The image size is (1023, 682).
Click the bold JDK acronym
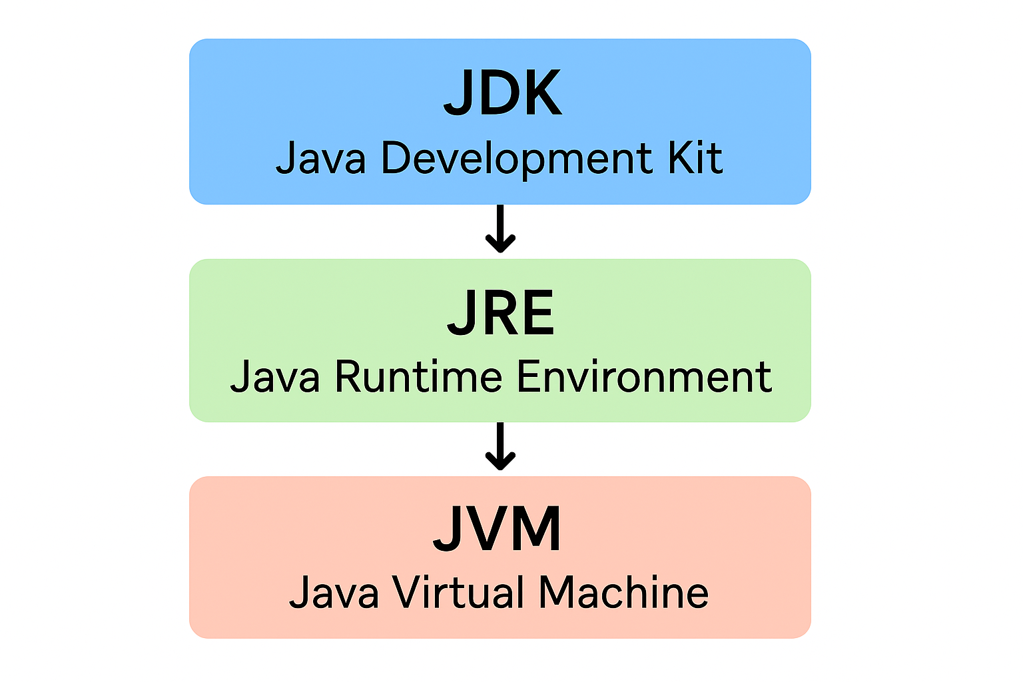(502, 94)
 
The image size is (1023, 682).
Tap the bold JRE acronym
(500, 313)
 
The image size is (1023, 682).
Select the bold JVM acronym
(498, 529)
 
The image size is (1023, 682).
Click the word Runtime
(418, 377)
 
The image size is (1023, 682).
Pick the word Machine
(623, 593)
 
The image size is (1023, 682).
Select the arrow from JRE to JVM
(500, 447)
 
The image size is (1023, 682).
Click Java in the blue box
(320, 159)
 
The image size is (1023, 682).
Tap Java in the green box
(274, 378)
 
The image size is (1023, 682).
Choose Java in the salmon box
(333, 593)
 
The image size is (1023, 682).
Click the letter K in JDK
(539, 94)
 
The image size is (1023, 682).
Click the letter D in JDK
(497, 94)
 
